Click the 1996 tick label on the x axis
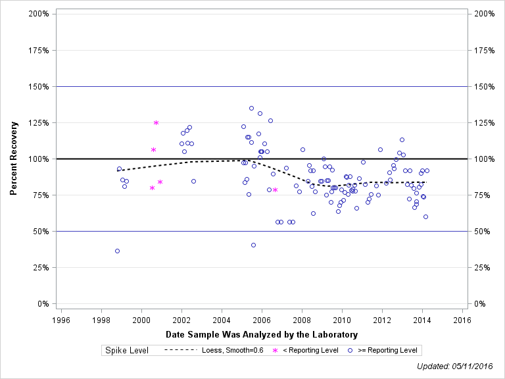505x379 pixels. tap(60, 320)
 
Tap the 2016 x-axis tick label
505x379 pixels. tap(462, 320)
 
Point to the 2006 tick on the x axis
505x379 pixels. tap(262, 320)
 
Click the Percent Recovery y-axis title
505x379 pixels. tap(14, 159)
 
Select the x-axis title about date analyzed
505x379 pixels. tap(262, 335)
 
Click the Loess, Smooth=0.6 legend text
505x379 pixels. tap(233, 351)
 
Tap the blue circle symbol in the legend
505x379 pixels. tap(350, 351)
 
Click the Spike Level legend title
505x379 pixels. tap(126, 351)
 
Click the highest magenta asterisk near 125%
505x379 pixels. tap(156, 123)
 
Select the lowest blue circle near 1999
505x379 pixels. tap(117, 251)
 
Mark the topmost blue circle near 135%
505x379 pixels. tap(251, 108)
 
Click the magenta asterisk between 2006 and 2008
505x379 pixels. tap(275, 189)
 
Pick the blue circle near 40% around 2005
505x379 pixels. tap(253, 245)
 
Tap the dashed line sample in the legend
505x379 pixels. tap(180, 351)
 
